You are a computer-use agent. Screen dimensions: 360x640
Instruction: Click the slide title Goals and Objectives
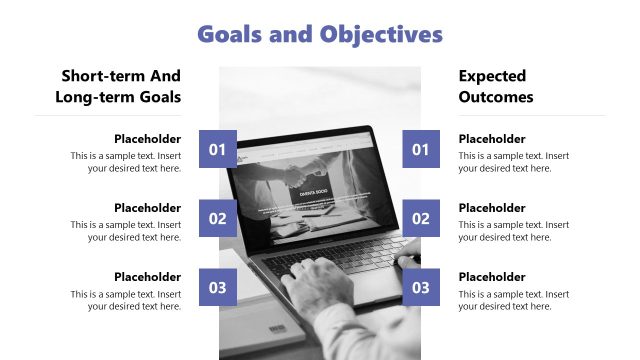(320, 35)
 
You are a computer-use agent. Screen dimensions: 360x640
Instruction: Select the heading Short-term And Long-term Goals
(121, 86)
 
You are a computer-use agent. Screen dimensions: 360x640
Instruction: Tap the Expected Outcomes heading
(496, 86)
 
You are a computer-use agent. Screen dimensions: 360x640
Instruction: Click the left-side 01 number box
(218, 150)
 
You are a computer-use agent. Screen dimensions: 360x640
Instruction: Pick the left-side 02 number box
(218, 218)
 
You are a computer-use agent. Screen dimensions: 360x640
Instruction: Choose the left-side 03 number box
(218, 288)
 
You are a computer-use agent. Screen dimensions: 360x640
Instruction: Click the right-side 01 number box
(421, 150)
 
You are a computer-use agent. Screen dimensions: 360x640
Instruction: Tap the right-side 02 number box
(421, 218)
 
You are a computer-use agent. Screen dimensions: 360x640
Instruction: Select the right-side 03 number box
(421, 288)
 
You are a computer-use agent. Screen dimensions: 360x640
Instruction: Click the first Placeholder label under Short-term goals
(147, 139)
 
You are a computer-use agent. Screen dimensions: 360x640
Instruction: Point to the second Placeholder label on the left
(147, 208)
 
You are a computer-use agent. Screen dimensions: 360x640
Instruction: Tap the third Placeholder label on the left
(147, 277)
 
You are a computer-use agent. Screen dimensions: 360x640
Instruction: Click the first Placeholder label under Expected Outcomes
(492, 139)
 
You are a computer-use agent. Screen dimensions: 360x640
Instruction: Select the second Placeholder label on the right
(492, 208)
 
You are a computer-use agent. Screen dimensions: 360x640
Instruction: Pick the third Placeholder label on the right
(492, 277)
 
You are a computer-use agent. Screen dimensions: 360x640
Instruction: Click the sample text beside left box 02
(127, 231)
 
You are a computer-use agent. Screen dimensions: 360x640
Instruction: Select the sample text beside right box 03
(513, 300)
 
